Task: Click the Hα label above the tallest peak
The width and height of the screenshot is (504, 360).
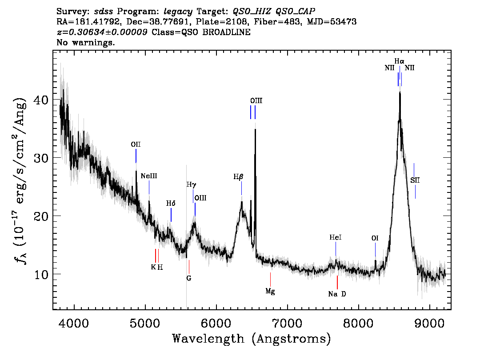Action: [399, 61]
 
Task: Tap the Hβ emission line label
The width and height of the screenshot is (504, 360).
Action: [238, 176]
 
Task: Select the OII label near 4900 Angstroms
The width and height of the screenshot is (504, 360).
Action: [136, 144]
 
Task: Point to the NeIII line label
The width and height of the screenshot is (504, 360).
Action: [149, 176]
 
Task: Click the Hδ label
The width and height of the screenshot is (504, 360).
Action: [171, 203]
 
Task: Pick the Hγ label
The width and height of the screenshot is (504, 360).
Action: [191, 185]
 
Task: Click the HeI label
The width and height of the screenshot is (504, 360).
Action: [336, 237]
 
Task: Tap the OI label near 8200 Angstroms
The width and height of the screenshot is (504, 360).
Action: [375, 238]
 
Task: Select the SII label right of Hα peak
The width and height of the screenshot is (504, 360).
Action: [415, 180]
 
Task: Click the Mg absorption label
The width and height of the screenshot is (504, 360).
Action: [270, 292]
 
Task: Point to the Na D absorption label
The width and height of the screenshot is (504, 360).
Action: [337, 294]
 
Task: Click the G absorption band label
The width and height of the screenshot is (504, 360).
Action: [189, 278]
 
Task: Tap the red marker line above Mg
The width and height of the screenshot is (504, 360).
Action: [270, 279]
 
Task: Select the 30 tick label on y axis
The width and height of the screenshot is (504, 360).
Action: [41, 158]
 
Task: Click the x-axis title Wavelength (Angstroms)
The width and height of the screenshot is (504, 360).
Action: [252, 339]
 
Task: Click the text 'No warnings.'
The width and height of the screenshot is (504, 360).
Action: [85, 42]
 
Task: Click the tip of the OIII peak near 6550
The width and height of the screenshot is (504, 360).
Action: [255, 128]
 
